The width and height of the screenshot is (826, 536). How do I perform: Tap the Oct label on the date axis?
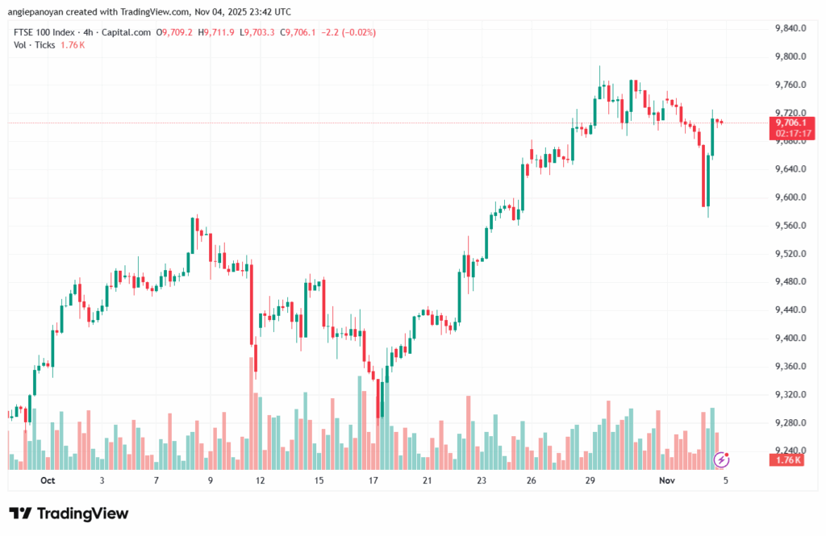pyautogui.click(x=47, y=480)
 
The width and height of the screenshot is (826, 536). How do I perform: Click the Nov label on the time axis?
pyautogui.click(x=665, y=480)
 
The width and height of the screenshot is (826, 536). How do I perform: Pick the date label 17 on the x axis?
pyautogui.click(x=373, y=480)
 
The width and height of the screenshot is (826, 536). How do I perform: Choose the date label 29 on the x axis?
pyautogui.click(x=590, y=480)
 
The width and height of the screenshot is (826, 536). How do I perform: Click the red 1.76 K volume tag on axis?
pyautogui.click(x=786, y=460)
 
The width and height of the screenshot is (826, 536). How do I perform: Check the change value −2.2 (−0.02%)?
pyautogui.click(x=346, y=32)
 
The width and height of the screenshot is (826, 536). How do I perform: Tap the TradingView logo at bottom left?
pyautogui.click(x=69, y=513)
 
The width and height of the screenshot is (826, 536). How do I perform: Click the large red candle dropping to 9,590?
pyautogui.click(x=704, y=176)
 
